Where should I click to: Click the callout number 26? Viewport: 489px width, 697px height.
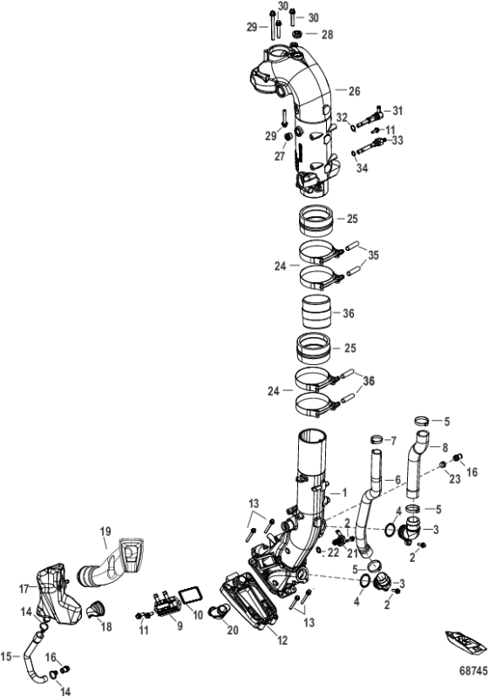click(x=354, y=91)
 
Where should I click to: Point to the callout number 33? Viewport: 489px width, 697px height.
click(x=397, y=139)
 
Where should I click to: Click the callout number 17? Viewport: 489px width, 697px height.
click(x=24, y=589)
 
